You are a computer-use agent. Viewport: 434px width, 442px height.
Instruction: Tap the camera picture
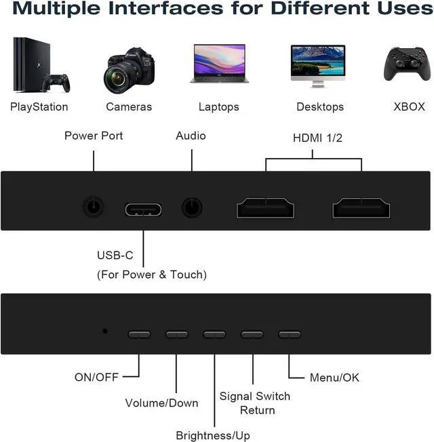pos(129,69)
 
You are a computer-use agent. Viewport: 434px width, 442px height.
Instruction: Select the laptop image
pos(218,64)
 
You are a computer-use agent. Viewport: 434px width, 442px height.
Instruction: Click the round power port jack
pos(94,206)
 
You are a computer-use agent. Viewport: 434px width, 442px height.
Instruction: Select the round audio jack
pos(193,206)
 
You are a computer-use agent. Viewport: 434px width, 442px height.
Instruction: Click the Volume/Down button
pos(176,334)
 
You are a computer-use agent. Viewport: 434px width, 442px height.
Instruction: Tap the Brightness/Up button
pos(214,334)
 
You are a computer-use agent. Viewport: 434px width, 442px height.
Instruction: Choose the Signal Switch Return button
pos(252,334)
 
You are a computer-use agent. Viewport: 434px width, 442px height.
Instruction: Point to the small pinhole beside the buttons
pos(104,331)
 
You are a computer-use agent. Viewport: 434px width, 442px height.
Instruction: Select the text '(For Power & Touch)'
pos(152,275)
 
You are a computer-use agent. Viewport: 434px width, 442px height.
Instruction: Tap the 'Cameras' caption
pos(129,106)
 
